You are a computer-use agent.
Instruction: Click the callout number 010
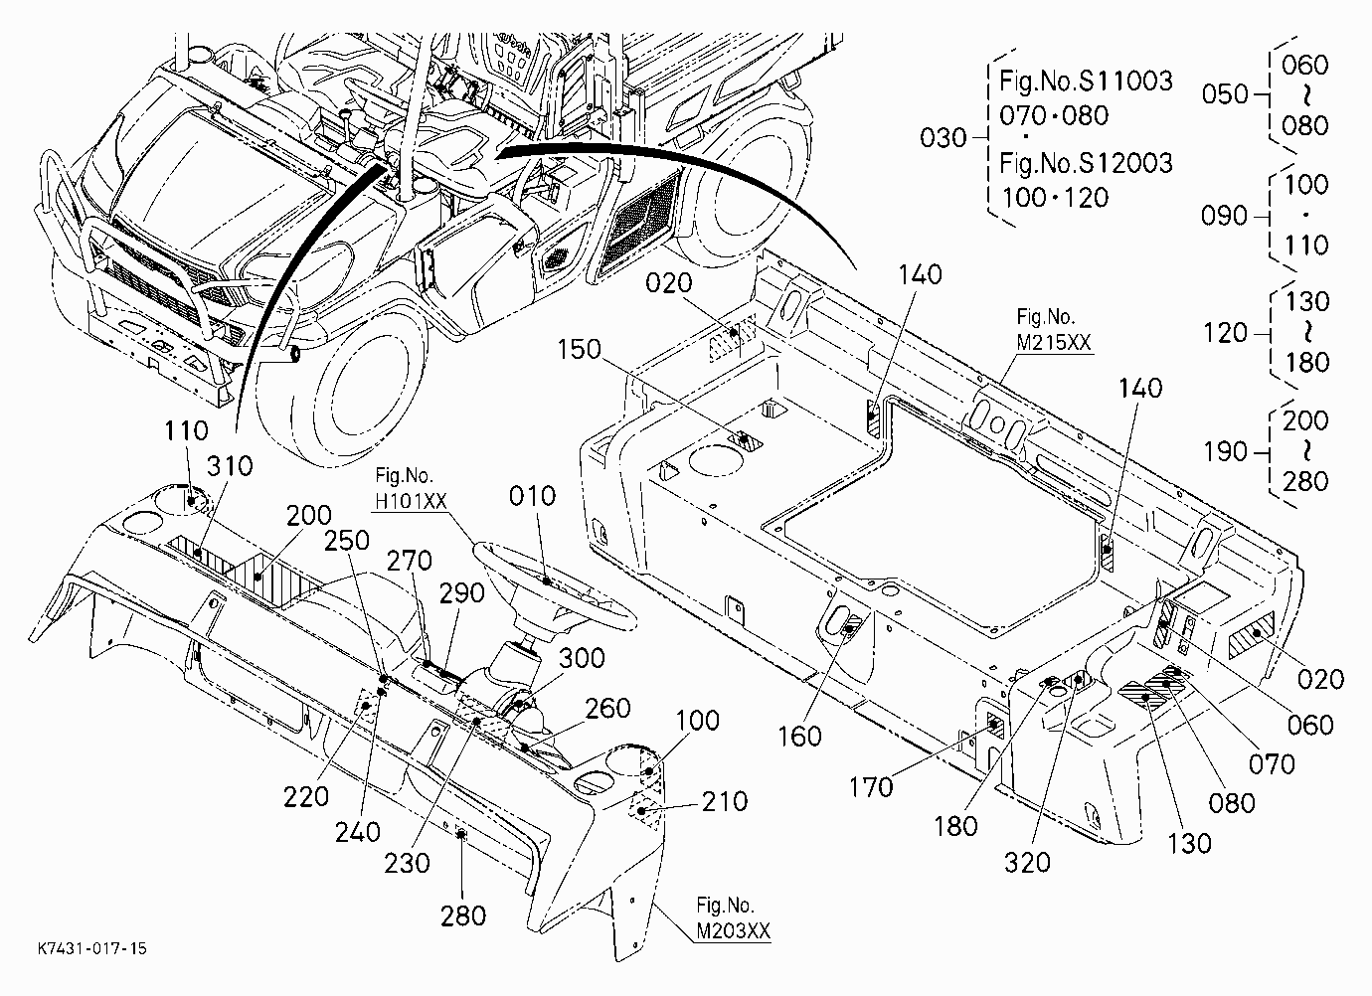pos(532,496)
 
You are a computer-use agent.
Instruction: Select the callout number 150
pos(580,349)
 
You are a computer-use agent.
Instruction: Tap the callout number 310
pos(230,467)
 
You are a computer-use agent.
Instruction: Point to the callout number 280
pos(463,916)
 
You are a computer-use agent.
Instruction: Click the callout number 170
pos(871,787)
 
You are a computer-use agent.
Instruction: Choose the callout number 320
pos(1027,863)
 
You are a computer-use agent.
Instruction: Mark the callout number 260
pos(608,708)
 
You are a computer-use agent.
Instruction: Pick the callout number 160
pos(800,737)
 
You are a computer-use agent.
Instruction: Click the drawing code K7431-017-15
pos(92,949)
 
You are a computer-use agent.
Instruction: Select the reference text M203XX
pos(734,931)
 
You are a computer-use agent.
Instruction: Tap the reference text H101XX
pos(411,501)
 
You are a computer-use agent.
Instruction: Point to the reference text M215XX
pos(1054,342)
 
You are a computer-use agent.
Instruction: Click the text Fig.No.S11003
pos(1086,81)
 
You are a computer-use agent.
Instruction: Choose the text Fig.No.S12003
pos(1086,164)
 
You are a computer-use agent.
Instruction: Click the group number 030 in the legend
pos(943,138)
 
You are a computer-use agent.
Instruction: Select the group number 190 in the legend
pos(1226,452)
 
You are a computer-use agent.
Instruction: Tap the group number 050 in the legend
pos(1225,94)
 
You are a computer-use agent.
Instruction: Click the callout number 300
pos(582,658)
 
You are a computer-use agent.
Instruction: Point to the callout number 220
pos(306,797)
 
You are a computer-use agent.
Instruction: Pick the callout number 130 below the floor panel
pos(1189,844)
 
